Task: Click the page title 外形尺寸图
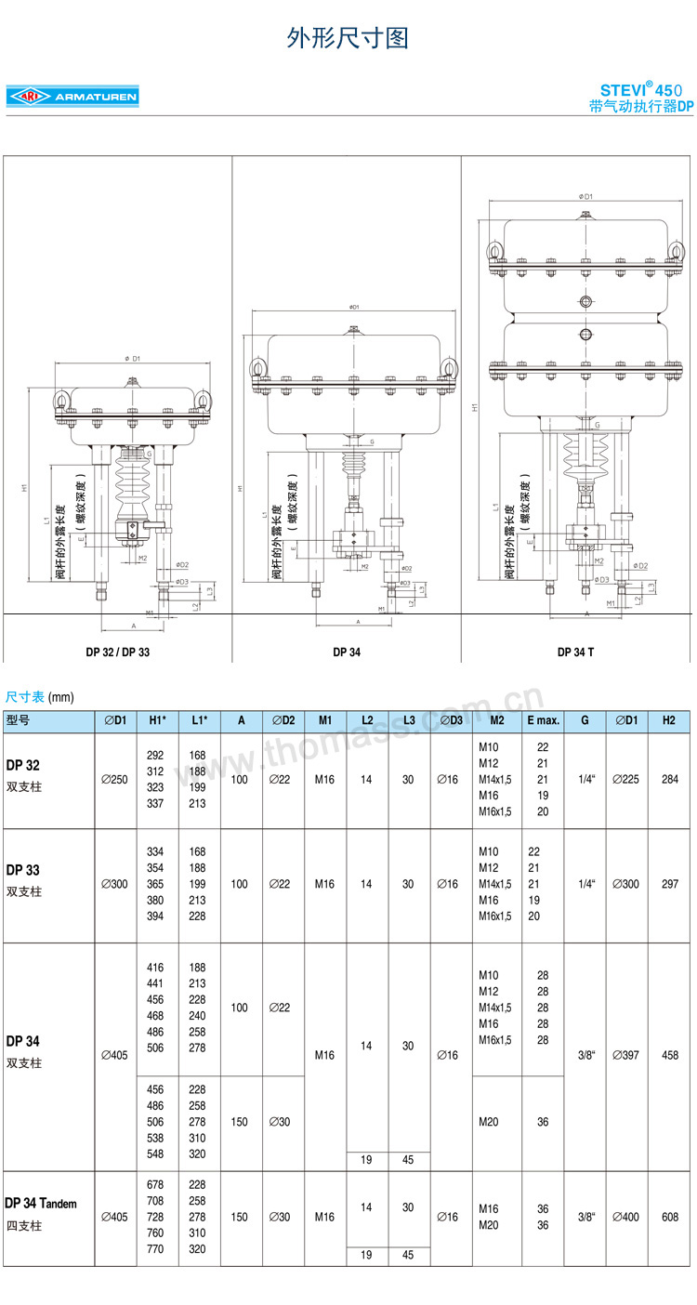(x=348, y=38)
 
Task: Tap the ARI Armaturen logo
(x=72, y=97)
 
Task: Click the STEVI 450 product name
(x=641, y=90)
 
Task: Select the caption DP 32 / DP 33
(x=118, y=652)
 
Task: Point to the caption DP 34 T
(x=575, y=652)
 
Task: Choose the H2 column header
(x=669, y=720)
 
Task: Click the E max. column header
(x=543, y=720)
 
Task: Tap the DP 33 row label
(x=22, y=870)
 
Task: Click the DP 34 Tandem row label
(x=41, y=1203)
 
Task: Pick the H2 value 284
(x=669, y=779)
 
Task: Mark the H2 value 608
(x=669, y=1217)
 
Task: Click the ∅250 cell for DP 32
(x=114, y=779)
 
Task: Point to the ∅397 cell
(x=626, y=1055)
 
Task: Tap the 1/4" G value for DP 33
(x=585, y=884)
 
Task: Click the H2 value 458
(x=669, y=1055)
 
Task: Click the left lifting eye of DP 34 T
(x=495, y=251)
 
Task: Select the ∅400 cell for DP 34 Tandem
(x=626, y=1217)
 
